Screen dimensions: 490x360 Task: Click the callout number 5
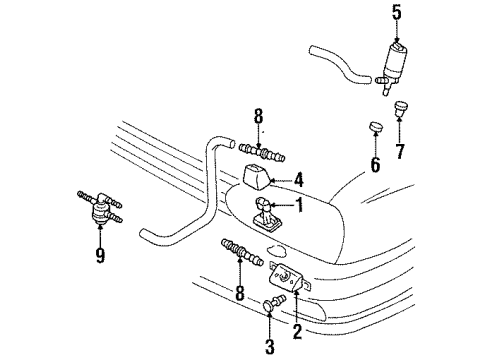tap(397, 13)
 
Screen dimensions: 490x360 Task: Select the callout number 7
tap(400, 151)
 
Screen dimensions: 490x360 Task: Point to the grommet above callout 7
tap(401, 109)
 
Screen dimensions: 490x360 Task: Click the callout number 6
tap(375, 165)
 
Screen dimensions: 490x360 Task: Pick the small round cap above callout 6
tap(376, 127)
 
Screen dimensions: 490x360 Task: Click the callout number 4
tap(298, 181)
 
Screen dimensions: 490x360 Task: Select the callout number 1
tap(300, 205)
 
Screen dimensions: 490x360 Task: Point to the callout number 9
tap(100, 255)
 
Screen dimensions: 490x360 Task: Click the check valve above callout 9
tap(99, 207)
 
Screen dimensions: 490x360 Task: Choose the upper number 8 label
tap(258, 117)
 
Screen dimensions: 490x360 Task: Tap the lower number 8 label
tap(240, 293)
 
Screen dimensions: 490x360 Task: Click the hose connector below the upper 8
tap(262, 152)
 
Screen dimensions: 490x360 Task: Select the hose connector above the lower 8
tap(242, 252)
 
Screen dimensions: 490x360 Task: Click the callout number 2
tap(297, 331)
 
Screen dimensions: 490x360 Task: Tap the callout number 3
tap(269, 346)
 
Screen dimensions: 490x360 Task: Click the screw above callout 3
tap(274, 302)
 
